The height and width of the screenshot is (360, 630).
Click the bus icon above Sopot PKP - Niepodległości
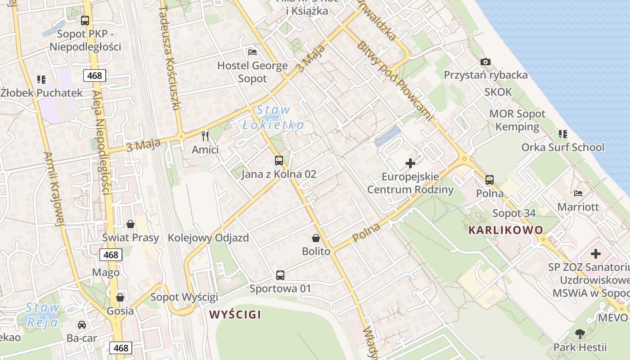tap(85, 20)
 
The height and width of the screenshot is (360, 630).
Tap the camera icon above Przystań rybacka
tap(486, 62)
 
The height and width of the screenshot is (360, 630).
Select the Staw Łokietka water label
tap(273, 117)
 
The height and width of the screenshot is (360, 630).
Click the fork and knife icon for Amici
tap(205, 136)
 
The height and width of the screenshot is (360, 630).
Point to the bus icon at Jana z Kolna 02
tap(279, 161)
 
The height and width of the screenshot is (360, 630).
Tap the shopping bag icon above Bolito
tap(316, 238)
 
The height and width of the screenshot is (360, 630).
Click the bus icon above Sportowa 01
tap(280, 275)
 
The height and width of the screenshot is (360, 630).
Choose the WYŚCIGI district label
tap(235, 315)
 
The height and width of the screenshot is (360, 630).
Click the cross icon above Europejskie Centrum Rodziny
tap(410, 163)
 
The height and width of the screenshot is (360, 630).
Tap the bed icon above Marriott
tap(578, 193)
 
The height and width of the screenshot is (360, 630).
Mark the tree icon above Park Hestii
tap(580, 334)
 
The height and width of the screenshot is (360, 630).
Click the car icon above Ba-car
tap(82, 324)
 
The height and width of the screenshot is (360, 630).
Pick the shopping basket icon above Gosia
tap(120, 297)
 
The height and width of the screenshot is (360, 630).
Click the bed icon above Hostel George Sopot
tap(252, 52)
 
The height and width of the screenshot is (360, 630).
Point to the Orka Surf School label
tap(562, 147)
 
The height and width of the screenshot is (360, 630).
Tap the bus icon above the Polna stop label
tap(490, 180)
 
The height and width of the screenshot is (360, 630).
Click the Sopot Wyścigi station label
tap(184, 297)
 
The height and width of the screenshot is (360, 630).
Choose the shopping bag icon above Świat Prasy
tap(130, 224)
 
